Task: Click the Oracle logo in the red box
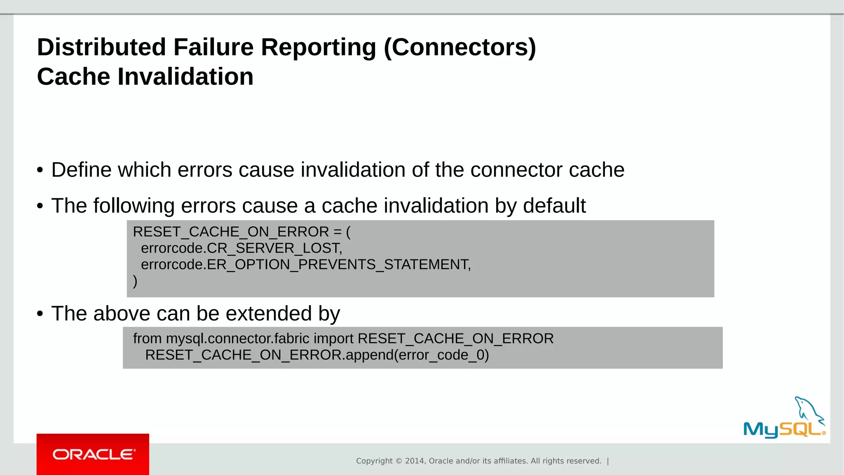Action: tap(94, 454)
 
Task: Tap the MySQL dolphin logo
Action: tap(784, 418)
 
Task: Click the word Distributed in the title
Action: tap(101, 47)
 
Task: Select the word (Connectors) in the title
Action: tap(460, 47)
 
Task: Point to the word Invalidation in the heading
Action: tap(185, 77)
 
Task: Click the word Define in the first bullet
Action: tap(82, 170)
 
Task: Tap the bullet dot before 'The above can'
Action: tap(40, 314)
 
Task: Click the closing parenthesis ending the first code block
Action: tap(135, 281)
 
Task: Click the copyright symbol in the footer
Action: tap(399, 461)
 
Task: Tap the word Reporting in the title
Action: tap(318, 47)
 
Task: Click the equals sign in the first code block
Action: tap(338, 232)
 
